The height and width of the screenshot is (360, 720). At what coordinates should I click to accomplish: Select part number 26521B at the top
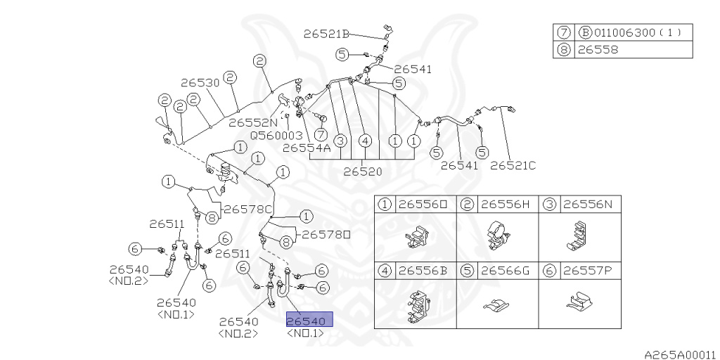[x=326, y=33]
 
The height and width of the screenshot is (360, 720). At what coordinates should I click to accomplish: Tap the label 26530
[x=200, y=82]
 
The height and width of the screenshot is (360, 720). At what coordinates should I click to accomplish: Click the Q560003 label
[x=276, y=135]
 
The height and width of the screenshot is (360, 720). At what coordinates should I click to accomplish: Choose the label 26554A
[x=306, y=148]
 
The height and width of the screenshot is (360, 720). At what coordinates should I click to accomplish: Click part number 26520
[x=363, y=172]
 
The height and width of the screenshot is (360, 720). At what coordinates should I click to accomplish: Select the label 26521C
[x=513, y=165]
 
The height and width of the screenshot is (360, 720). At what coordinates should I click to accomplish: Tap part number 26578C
[x=248, y=209]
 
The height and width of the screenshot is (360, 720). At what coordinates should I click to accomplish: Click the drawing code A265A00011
[x=679, y=354]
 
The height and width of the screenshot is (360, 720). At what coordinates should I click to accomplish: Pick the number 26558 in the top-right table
[x=598, y=50]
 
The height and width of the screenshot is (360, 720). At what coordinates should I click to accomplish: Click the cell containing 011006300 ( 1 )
[x=634, y=32]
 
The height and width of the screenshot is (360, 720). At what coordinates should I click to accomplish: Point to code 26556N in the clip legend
[x=587, y=205]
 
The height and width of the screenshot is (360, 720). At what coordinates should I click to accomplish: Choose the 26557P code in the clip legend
[x=587, y=269]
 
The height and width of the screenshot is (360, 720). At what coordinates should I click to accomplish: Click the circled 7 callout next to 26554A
[x=321, y=134]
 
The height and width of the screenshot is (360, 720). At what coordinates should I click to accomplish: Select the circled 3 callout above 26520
[x=340, y=141]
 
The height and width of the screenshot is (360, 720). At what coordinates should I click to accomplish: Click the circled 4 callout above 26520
[x=365, y=141]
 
